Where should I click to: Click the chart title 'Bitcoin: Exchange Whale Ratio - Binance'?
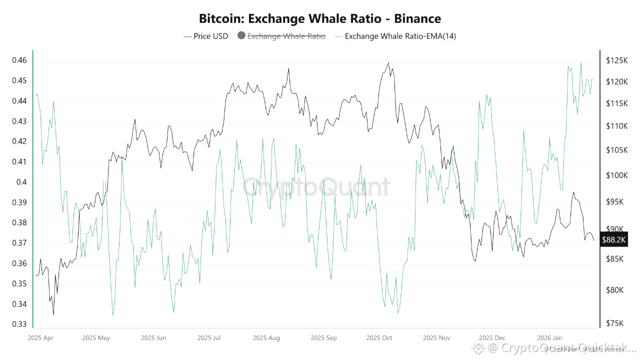pos(320,19)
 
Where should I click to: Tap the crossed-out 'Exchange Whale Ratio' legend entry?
pos(286,36)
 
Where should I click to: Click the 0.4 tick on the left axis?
pos(21,182)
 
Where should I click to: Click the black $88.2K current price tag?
pos(613,240)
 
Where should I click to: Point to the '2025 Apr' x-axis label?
pos(41,338)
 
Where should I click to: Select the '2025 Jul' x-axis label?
pos(209,338)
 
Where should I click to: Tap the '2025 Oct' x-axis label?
pos(379,338)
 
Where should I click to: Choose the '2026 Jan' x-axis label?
pos(548,338)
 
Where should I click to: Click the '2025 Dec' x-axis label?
pos(492,338)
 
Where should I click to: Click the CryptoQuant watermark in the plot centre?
pos(316,187)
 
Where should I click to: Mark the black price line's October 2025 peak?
pos(388,63)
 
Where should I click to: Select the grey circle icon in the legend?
pos(241,36)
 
